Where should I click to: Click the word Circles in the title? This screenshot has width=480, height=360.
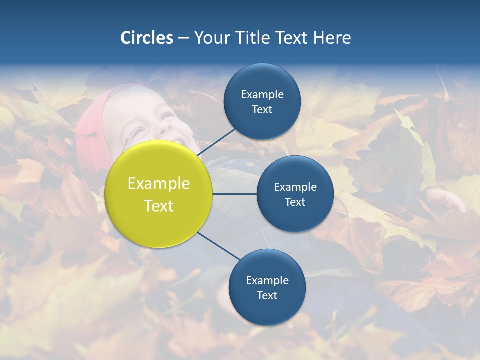(x=147, y=38)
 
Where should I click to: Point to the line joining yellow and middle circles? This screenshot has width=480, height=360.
(x=235, y=194)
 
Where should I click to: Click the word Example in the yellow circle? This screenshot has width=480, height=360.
(x=159, y=184)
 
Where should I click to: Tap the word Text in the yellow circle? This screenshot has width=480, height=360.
(x=159, y=206)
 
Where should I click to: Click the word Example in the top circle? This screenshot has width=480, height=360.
(x=262, y=95)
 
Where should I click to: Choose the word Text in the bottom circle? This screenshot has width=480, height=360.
(x=267, y=295)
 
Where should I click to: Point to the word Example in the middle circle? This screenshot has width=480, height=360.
(x=295, y=187)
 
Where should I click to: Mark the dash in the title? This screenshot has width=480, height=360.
(x=183, y=38)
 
